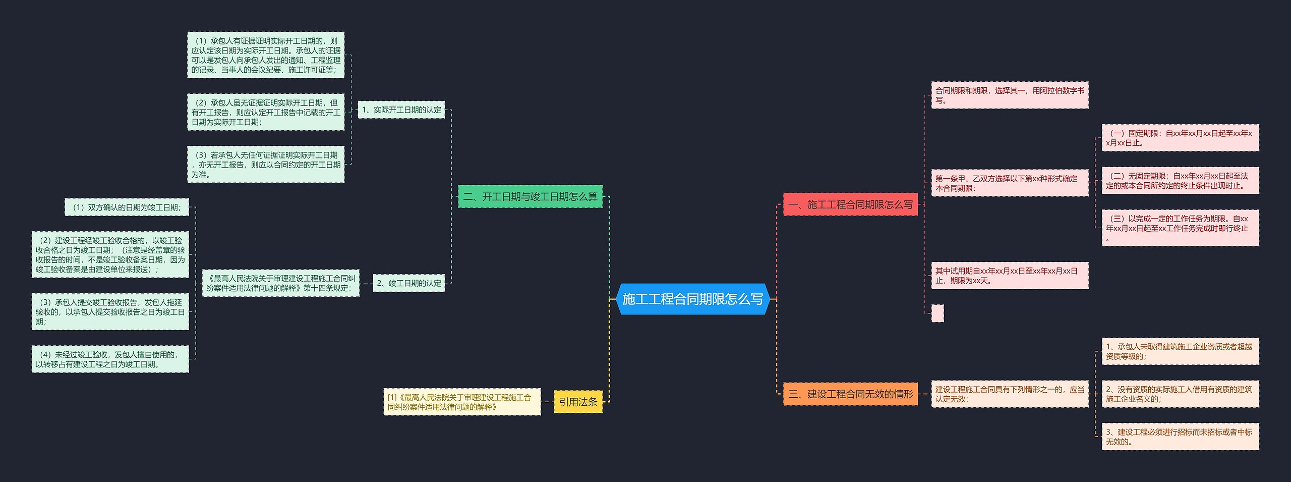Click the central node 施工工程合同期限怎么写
(x=692, y=299)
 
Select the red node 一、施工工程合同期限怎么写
(x=850, y=204)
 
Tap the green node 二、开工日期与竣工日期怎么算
(x=530, y=196)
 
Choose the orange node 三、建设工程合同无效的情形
(x=850, y=394)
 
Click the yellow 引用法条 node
(x=578, y=402)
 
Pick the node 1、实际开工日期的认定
(x=401, y=110)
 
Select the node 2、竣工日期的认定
(x=408, y=283)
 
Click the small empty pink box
(x=937, y=313)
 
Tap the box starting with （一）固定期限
(x=1180, y=138)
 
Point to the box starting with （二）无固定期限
(x=1180, y=181)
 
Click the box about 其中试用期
(x=1010, y=276)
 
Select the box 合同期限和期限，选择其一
(x=1010, y=95)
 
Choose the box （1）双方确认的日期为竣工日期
(x=127, y=207)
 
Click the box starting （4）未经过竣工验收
(x=110, y=359)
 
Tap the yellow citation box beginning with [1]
(x=462, y=402)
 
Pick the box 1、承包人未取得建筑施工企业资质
(x=1180, y=351)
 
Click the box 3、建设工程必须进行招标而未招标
(x=1180, y=437)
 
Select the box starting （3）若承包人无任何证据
(x=266, y=165)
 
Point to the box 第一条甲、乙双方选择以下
(x=1010, y=183)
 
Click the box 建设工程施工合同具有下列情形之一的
(x=1010, y=394)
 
